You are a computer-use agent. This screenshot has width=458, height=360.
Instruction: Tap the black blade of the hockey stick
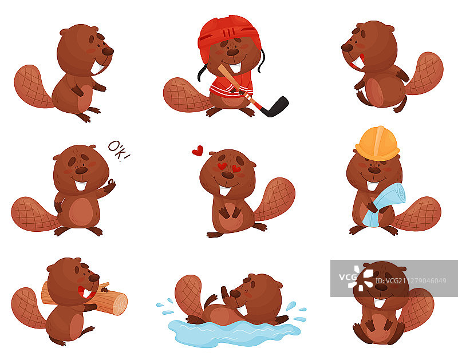click(276, 107)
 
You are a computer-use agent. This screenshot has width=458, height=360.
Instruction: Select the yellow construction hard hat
click(377, 144)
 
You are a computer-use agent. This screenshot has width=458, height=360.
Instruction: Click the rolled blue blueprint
click(385, 204)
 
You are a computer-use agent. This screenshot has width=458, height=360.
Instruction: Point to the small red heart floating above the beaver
click(198, 151)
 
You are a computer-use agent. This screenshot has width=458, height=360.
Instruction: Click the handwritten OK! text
click(119, 151)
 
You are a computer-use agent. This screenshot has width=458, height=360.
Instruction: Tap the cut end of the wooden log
click(120, 304)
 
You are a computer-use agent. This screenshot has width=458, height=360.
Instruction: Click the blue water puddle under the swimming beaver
click(234, 333)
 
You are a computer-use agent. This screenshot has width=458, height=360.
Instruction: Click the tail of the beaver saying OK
click(34, 215)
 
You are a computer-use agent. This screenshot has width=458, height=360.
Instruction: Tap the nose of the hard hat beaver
click(374, 170)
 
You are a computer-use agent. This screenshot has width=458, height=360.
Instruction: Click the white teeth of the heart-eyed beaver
click(225, 191)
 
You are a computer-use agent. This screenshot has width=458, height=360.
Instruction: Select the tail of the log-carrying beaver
click(27, 308)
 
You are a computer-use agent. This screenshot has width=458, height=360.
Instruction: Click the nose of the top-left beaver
click(108, 52)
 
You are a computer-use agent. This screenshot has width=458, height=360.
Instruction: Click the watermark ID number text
click(410, 281)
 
